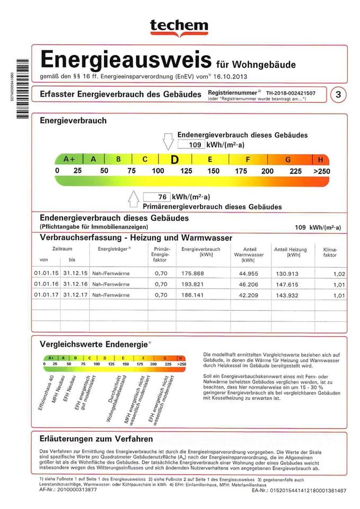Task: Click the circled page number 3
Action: click(338, 95)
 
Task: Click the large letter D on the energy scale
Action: click(173, 160)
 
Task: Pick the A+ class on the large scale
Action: click(69, 159)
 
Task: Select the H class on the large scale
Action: click(321, 160)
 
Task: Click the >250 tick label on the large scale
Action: click(321, 171)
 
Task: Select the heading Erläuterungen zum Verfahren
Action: click(96, 439)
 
